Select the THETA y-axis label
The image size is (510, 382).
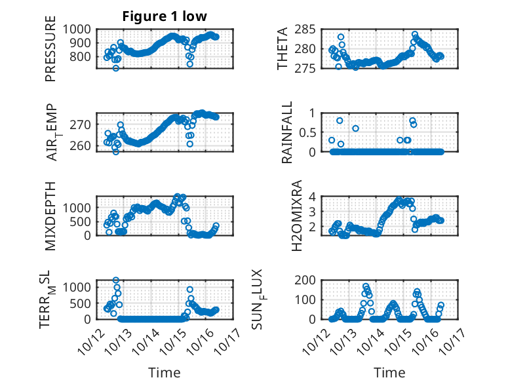[283, 49]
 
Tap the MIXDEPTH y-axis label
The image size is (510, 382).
[50, 216]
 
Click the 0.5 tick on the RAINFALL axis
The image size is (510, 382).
[317, 132]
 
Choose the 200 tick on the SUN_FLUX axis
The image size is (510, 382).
[316, 280]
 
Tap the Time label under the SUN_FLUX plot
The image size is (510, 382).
[389, 372]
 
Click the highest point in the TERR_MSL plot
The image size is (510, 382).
[116, 280]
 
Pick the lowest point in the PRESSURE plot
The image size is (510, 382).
[115, 68]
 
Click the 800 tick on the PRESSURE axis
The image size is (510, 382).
[83, 57]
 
